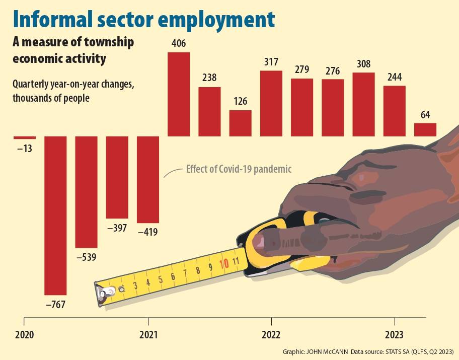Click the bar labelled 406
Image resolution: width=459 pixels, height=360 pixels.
(x=178, y=94)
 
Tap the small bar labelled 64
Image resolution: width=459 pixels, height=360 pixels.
(x=425, y=130)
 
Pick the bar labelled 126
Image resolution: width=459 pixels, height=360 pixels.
(x=240, y=123)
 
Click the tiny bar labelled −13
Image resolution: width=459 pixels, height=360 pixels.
(x=25, y=137)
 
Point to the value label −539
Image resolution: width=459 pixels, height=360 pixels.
(x=86, y=257)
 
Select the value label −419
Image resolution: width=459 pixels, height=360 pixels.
(x=147, y=232)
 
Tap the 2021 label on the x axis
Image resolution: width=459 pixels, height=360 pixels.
(x=148, y=335)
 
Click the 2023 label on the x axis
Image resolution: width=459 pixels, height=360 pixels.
(x=394, y=335)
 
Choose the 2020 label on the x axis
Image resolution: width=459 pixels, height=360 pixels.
(x=24, y=335)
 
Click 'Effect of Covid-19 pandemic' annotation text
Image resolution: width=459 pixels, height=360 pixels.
(x=239, y=169)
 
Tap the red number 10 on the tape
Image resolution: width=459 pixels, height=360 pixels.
(x=224, y=263)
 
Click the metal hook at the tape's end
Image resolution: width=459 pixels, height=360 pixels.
(x=106, y=294)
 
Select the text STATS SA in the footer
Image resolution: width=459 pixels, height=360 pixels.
(x=397, y=352)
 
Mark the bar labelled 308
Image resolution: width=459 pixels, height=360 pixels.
(x=363, y=105)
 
